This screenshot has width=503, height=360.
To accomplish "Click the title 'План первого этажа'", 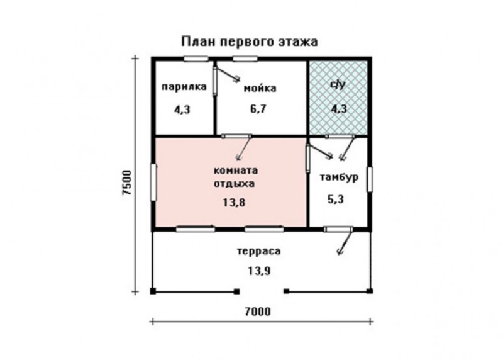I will click(250, 42).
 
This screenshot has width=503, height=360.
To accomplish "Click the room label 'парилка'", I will click(183, 87).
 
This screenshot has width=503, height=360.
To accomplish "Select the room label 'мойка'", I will click(258, 88).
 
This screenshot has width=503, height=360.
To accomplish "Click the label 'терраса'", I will click(258, 251).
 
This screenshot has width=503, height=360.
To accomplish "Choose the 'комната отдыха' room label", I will click(236, 177).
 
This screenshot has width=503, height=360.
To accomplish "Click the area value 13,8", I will click(233, 204).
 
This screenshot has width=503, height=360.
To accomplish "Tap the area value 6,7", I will click(258, 108).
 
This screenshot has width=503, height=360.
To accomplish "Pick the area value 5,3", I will click(336, 200).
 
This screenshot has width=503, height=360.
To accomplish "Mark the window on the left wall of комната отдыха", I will click(153, 182).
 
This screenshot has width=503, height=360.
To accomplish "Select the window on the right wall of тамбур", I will click(370, 179).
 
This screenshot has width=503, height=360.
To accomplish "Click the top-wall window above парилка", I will click(196, 59).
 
